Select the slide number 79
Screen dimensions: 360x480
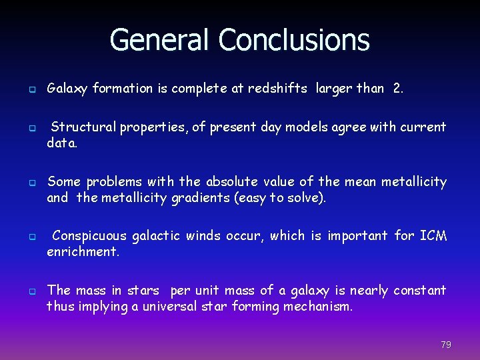click(x=446, y=345)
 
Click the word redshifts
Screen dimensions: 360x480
click(x=277, y=88)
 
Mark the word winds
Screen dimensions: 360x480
click(x=204, y=235)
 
